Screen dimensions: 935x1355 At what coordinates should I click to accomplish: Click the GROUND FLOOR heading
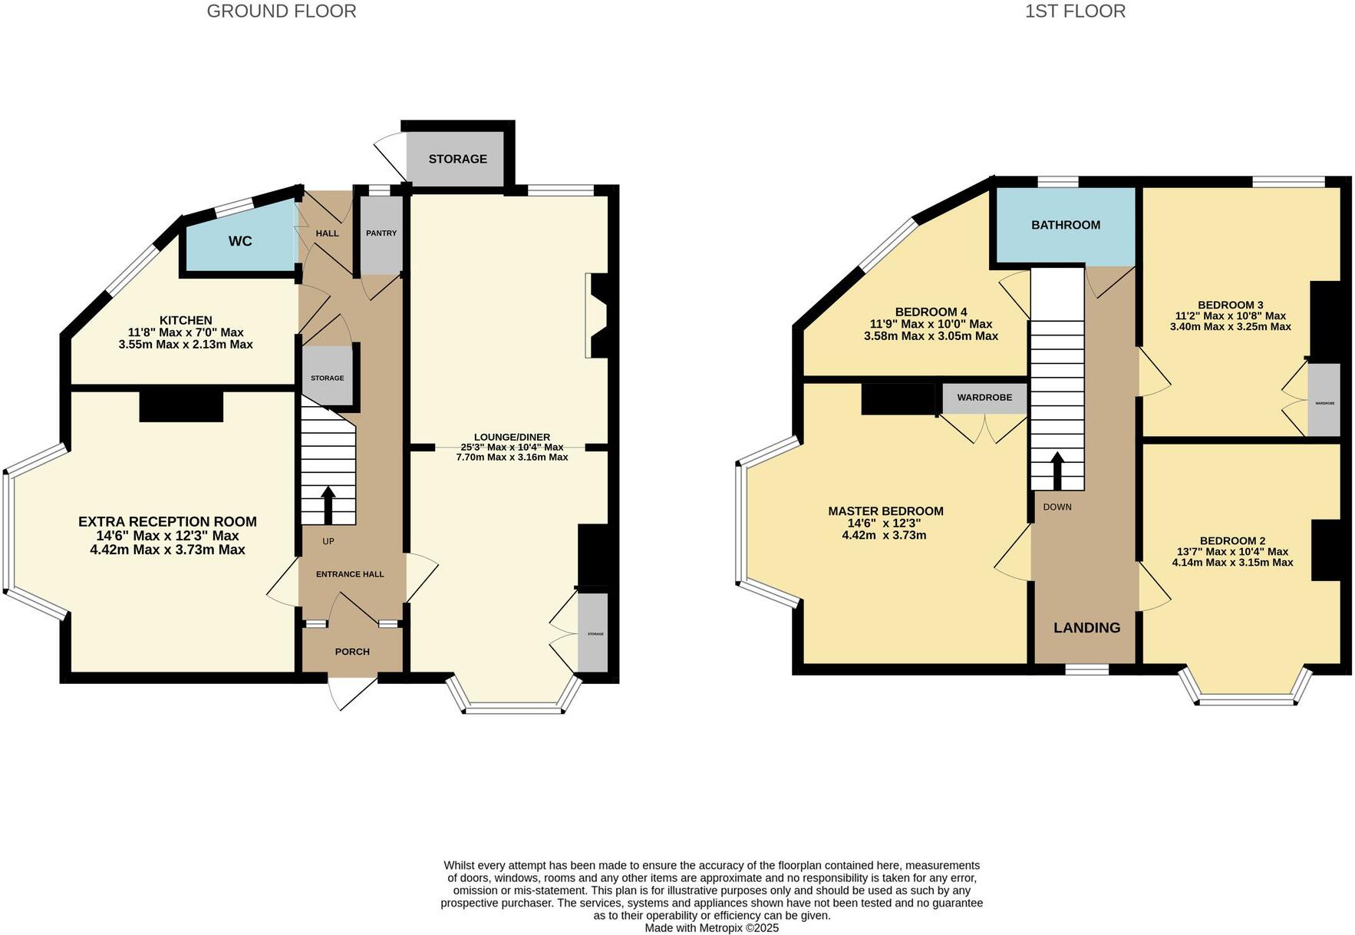[x=281, y=12]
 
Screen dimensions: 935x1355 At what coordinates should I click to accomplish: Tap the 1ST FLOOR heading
[x=1075, y=12]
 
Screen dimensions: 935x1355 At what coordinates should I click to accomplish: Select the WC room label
[x=240, y=241]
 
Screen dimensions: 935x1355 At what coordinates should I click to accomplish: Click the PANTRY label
[x=381, y=233]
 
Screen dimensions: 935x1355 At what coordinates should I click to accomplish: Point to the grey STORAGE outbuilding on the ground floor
[x=457, y=159]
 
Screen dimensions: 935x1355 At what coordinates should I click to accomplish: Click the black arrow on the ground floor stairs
[x=328, y=504]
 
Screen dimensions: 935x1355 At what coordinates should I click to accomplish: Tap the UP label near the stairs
[x=328, y=541]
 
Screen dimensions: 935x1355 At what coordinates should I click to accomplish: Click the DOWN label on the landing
[x=1057, y=507]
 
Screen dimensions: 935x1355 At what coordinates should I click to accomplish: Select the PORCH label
[x=352, y=652]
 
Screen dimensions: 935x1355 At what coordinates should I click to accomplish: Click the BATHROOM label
[x=1065, y=225]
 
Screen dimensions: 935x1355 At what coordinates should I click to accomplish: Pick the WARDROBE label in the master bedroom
[x=984, y=398]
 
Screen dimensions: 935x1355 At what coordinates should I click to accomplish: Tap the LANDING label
[x=1086, y=627]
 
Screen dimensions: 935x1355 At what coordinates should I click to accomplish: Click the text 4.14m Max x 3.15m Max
[x=1232, y=563]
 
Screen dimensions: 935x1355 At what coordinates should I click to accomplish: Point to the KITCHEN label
[x=186, y=320]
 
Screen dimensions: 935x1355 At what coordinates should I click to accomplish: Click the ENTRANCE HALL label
[x=350, y=574]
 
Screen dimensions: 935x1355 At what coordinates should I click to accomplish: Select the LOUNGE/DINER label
[x=512, y=437]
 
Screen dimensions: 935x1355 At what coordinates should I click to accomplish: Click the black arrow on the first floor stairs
[x=1057, y=470]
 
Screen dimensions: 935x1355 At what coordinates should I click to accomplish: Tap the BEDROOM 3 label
[x=1230, y=305]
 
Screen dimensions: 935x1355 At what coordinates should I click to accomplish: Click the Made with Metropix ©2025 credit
[x=711, y=927]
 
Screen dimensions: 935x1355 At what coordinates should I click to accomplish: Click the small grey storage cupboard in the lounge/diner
[x=592, y=633]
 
